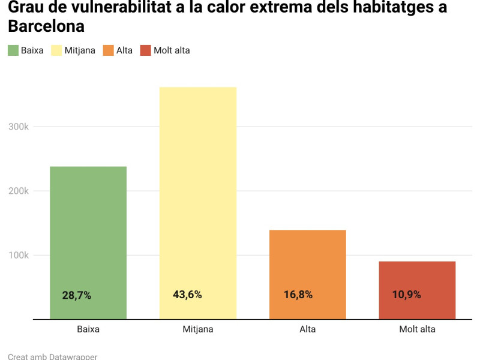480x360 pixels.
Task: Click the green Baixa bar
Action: tap(88, 240)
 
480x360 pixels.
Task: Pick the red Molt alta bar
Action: tap(417, 288)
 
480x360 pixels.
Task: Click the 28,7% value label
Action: tap(77, 295)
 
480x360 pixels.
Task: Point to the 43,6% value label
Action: tap(187, 295)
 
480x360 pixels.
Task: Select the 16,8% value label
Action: tap(298, 295)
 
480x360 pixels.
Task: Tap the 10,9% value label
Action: tap(407, 295)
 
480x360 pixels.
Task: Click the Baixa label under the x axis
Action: tap(88, 329)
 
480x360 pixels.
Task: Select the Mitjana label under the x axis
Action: tap(198, 329)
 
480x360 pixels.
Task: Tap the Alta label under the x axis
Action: tap(308, 329)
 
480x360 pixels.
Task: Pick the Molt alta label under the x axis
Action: tap(417, 329)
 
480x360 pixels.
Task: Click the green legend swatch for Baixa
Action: tap(13, 50)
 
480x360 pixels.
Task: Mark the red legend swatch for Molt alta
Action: tap(145, 50)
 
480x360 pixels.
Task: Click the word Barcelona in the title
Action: tap(46, 27)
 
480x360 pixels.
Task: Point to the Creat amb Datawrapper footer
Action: tap(53, 356)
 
